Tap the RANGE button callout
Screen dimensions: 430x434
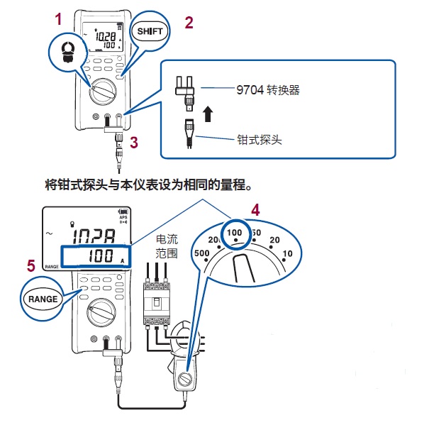44,299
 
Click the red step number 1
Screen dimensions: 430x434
59,20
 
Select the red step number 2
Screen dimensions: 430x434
189,22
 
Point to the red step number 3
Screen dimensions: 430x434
135,141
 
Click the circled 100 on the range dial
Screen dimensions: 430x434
234,232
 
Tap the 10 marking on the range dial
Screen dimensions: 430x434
286,255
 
